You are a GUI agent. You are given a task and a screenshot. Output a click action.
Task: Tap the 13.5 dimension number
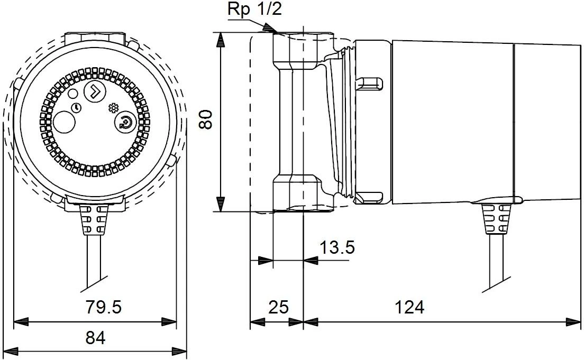coord(336,247)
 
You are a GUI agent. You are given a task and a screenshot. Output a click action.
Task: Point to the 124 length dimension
coord(409,307)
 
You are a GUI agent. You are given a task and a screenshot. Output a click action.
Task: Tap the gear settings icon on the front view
coord(112,108)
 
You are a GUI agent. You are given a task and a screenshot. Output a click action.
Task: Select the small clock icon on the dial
coord(78,107)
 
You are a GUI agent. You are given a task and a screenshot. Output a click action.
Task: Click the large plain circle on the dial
coord(65,123)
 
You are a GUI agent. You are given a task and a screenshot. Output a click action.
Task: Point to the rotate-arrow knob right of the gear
coord(125,123)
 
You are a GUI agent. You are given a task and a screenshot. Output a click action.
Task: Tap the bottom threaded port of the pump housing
coord(297,195)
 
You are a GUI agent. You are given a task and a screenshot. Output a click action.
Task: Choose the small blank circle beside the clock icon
coord(71,94)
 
